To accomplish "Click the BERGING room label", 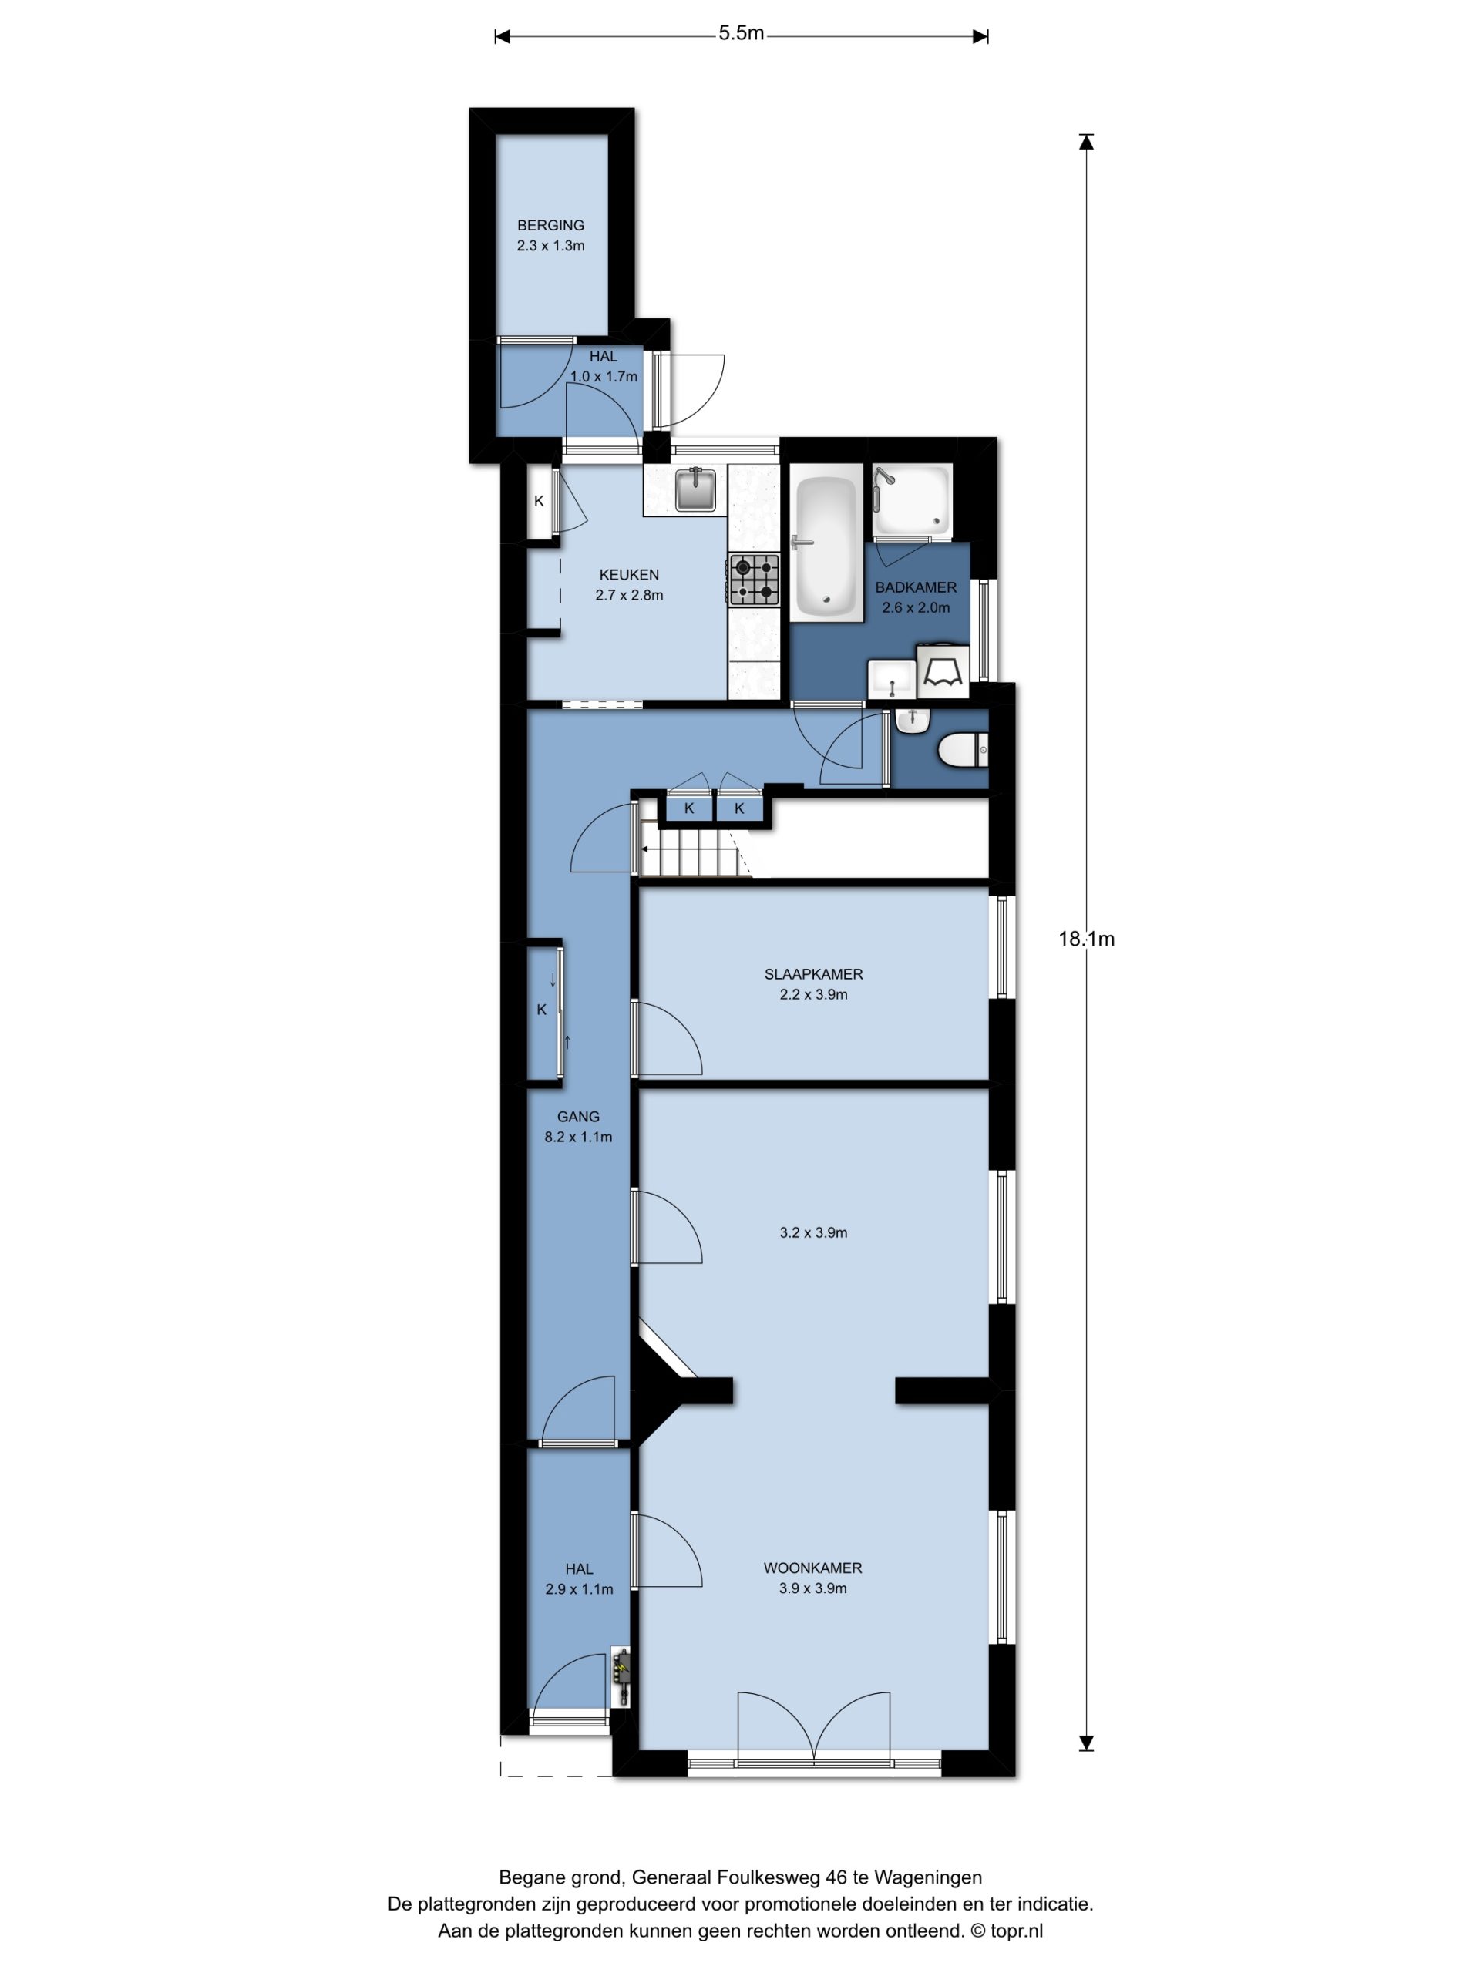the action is tap(550, 226).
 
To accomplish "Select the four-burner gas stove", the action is tap(755, 579).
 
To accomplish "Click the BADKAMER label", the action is tap(915, 588).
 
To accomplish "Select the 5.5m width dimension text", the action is tap(742, 34).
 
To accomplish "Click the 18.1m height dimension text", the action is tap(1085, 939).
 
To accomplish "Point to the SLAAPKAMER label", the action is tap(812, 974).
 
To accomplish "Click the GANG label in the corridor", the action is tap(578, 1116).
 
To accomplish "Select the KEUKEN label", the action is tap(629, 575).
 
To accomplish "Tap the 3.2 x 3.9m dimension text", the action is tap(812, 1232).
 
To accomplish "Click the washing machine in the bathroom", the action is tap(942, 669).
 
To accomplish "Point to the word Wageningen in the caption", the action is tap(928, 1877).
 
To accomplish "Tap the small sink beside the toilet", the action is tap(912, 720).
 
